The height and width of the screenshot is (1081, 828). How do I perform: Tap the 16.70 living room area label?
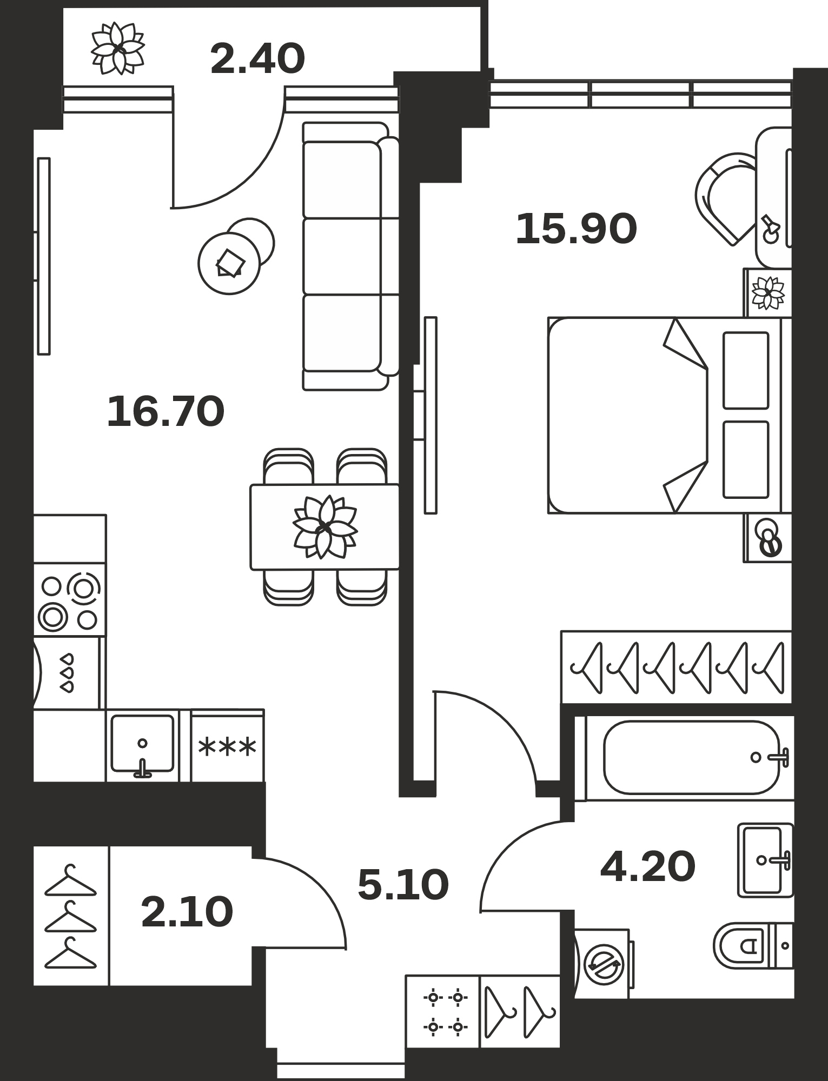tap(165, 411)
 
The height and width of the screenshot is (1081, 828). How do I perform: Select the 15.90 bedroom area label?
tap(577, 229)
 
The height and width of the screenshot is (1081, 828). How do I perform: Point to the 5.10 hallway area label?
tap(403, 885)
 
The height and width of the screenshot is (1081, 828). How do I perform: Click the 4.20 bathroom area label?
tap(648, 866)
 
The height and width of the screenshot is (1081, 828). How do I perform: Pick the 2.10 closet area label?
tap(187, 912)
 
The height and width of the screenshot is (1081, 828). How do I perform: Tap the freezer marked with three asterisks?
tap(228, 746)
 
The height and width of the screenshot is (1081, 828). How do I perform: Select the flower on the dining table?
tap(325, 527)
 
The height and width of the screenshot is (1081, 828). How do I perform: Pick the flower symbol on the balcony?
tap(118, 48)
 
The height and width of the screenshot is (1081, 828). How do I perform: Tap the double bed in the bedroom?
tap(670, 415)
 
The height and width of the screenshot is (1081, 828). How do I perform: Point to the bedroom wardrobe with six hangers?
tap(677, 667)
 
